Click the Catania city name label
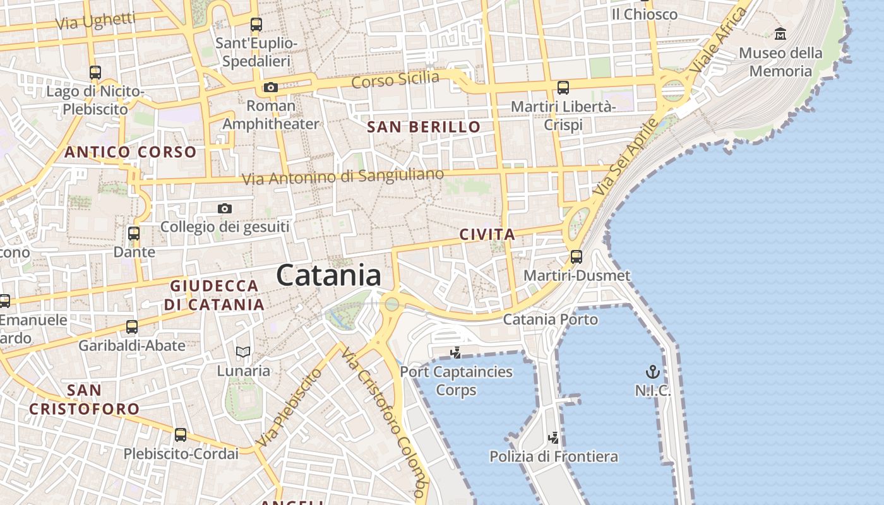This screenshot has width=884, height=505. [x=328, y=276]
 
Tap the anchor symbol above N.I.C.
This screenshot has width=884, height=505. [x=652, y=371]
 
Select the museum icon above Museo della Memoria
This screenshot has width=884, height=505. [x=780, y=33]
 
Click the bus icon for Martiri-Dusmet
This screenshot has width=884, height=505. [x=576, y=256]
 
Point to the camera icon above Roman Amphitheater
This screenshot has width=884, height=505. [x=271, y=87]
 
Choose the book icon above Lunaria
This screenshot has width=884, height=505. [x=243, y=352]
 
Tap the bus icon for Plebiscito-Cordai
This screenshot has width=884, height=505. [x=181, y=434]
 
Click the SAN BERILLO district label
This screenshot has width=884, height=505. [x=424, y=127]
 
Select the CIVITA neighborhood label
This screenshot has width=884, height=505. [x=487, y=235]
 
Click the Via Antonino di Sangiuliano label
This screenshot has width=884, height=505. [x=343, y=177]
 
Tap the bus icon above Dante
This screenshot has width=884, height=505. [x=134, y=234]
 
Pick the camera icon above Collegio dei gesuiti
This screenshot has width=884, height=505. [x=224, y=208]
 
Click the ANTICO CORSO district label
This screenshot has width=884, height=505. [x=131, y=152]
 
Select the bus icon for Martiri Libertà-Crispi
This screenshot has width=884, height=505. [x=563, y=88]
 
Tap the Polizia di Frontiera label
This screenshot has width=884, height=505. [x=554, y=456]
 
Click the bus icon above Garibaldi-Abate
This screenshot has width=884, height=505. [x=132, y=327]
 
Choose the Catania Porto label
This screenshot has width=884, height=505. [x=550, y=319]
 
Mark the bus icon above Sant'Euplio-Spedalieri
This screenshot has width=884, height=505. [x=256, y=25]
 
